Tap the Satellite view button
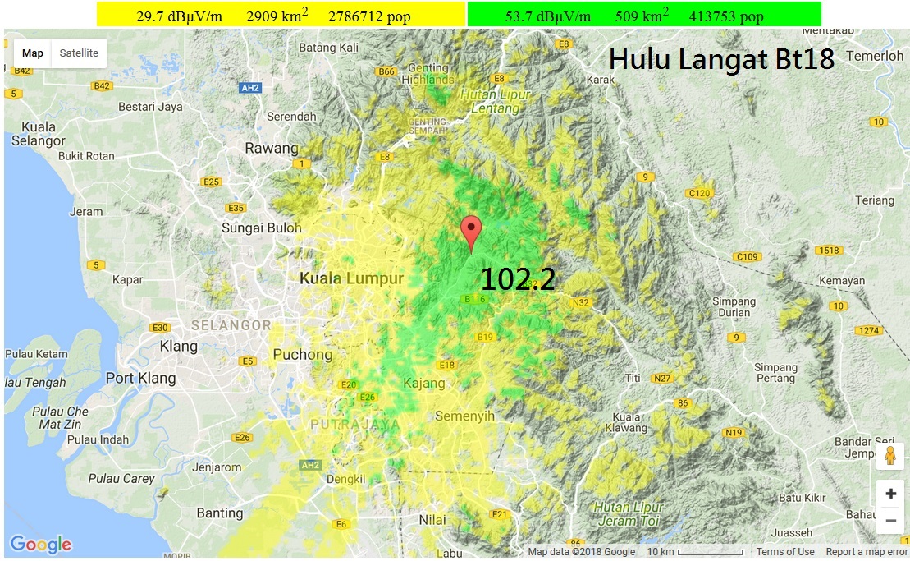79,53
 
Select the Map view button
33,53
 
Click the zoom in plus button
890,494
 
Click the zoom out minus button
890,521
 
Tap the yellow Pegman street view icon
889,457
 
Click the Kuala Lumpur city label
351,278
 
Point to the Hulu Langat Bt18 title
721,59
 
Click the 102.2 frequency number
518,279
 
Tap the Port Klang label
140,378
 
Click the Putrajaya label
355,425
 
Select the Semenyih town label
464,416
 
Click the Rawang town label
272,149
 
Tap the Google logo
40,544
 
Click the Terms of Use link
784,552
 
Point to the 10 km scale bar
694,552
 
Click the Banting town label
220,513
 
